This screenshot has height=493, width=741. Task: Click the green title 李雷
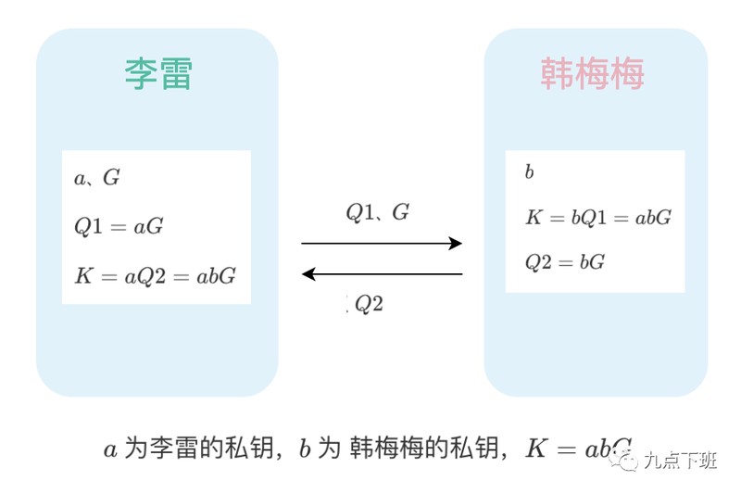click(157, 74)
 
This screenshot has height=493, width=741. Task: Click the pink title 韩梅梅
click(592, 74)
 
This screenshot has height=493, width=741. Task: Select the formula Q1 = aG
click(119, 226)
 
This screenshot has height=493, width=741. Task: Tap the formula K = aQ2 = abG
click(155, 275)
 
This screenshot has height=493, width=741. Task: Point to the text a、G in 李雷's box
click(97, 178)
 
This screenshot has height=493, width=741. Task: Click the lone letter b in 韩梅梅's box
click(529, 172)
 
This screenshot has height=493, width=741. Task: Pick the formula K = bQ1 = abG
click(597, 218)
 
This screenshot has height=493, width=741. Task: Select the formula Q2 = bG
click(565, 262)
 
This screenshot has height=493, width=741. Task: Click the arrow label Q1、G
click(378, 212)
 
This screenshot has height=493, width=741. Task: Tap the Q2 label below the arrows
click(369, 304)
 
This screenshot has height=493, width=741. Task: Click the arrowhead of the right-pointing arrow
click(455, 244)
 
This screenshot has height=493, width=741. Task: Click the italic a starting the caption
click(110, 450)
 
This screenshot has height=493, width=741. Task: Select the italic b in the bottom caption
click(304, 450)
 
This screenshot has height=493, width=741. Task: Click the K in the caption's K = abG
click(536, 449)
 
